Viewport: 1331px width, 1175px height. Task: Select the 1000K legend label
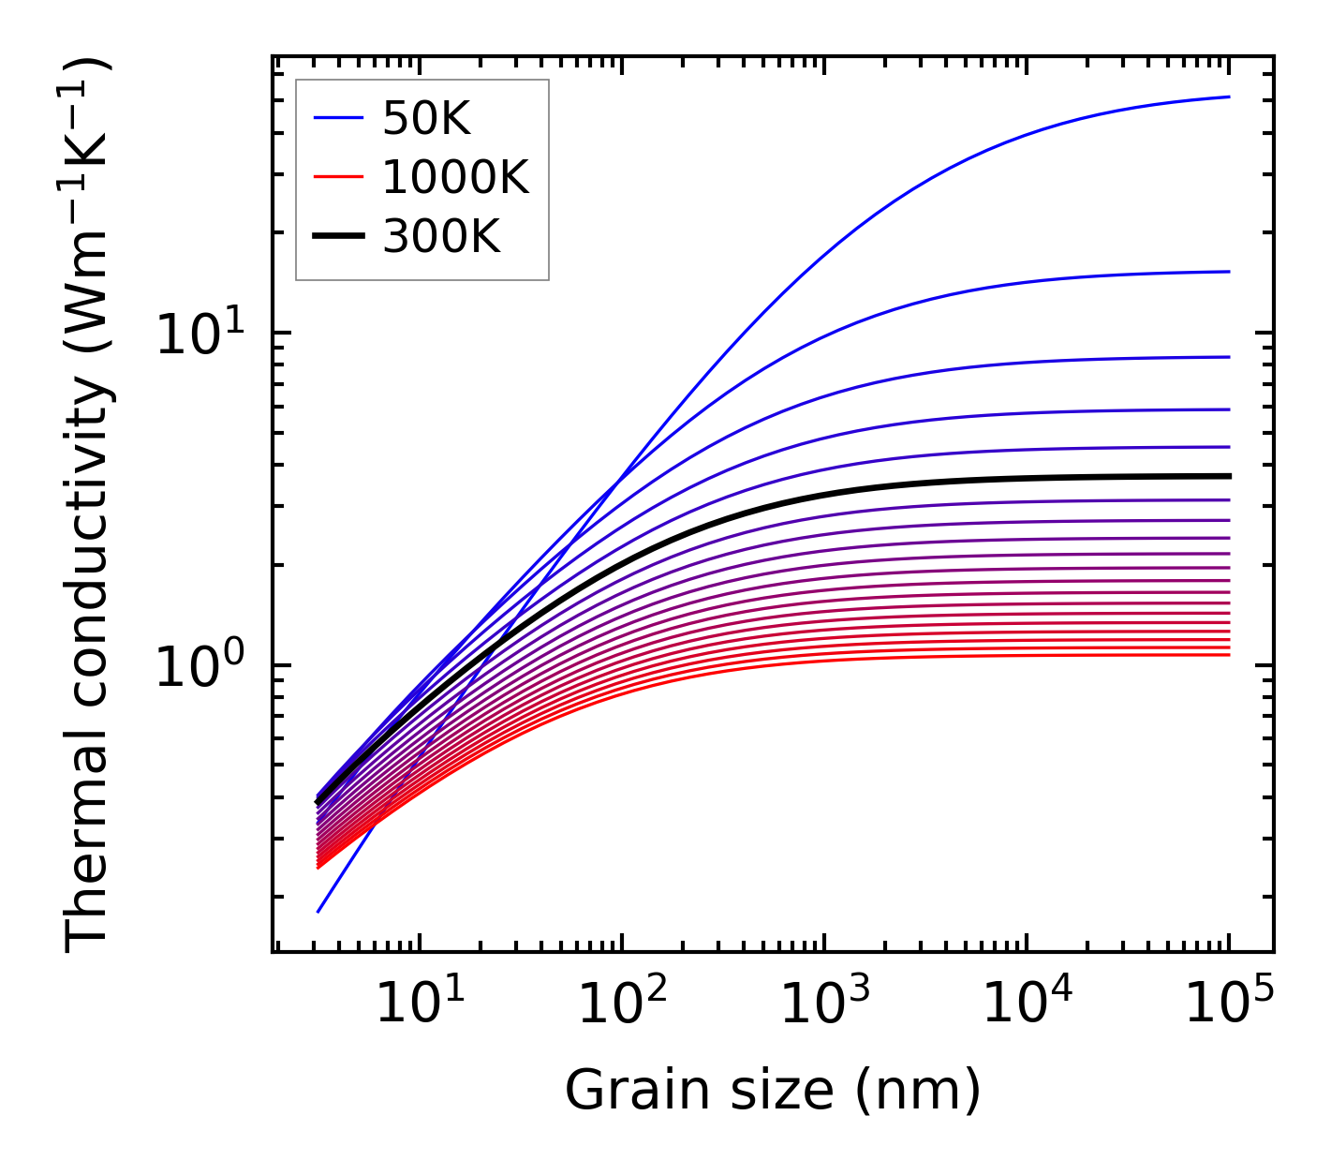click(x=455, y=177)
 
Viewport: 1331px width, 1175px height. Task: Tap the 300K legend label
click(x=441, y=237)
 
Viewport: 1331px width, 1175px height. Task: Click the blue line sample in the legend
click(x=337, y=118)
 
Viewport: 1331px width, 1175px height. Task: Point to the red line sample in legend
click(x=337, y=177)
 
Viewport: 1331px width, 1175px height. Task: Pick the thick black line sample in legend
click(x=337, y=237)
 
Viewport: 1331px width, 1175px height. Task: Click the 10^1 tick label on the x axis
click(x=420, y=1005)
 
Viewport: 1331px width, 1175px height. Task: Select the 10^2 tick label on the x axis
click(x=622, y=1005)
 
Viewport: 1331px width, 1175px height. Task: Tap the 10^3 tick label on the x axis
click(x=824, y=1005)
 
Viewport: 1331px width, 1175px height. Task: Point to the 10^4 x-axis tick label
click(x=1027, y=1005)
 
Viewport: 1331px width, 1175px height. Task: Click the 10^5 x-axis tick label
click(x=1229, y=1005)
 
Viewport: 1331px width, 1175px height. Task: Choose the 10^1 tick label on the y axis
click(x=199, y=334)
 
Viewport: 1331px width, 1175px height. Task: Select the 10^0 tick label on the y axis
click(x=199, y=666)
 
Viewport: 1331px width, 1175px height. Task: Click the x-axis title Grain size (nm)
click(x=773, y=1091)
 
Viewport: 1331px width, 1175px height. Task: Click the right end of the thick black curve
click(x=1229, y=476)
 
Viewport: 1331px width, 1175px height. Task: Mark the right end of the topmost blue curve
click(x=1229, y=97)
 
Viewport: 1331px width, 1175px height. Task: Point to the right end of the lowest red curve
click(x=1229, y=654)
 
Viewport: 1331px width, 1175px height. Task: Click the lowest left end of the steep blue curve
click(x=318, y=912)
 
